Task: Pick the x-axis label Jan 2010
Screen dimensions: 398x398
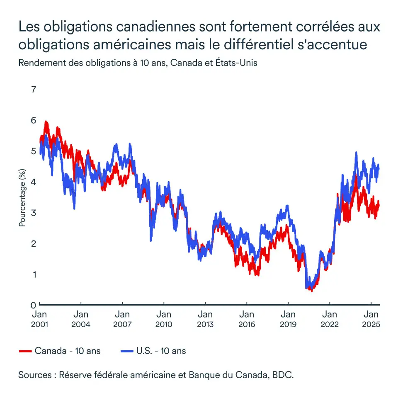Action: pos(164,319)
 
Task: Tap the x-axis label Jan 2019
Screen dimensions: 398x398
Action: pos(288,319)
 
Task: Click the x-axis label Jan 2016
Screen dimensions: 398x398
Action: pos(247,319)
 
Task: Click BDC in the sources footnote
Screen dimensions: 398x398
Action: pos(285,375)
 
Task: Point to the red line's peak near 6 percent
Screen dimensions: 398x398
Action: pos(46,122)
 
